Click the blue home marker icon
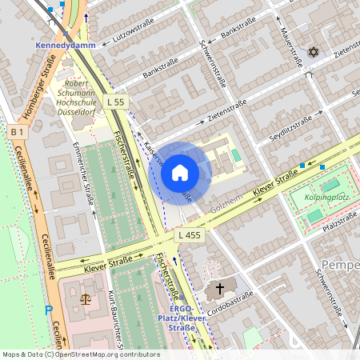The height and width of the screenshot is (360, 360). click(x=180, y=173)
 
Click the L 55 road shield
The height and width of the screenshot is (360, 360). click(x=116, y=102)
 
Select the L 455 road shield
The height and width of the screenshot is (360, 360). click(x=189, y=234)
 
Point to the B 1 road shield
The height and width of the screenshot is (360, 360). click(x=17, y=130)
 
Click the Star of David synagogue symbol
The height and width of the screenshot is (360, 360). click(x=313, y=52)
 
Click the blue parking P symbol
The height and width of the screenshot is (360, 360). click(x=48, y=309)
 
